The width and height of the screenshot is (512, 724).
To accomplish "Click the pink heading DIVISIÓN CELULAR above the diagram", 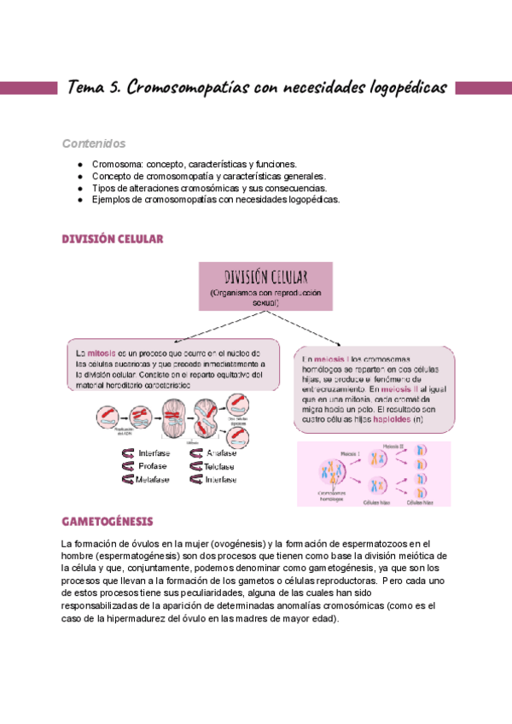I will click(112, 240).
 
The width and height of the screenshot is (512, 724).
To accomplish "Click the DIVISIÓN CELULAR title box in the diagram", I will click(265, 287).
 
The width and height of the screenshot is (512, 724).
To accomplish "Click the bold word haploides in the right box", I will click(382, 420).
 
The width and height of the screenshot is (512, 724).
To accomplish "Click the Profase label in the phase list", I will click(153, 466).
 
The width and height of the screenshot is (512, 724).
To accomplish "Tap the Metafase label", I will click(154, 479).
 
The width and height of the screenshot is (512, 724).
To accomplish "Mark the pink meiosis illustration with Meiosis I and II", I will click(372, 474).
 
